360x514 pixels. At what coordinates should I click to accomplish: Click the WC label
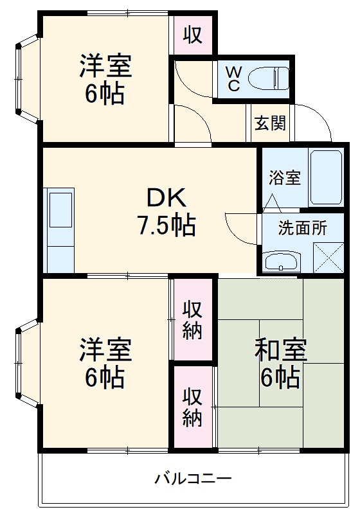point(234,79)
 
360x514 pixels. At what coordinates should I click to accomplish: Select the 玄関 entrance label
point(269,123)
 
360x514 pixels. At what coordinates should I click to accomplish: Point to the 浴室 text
point(285,178)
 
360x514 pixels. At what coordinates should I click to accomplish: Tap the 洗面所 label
point(302,227)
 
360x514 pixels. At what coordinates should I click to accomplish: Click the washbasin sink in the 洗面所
point(283,261)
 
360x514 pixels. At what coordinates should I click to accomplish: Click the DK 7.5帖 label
point(165,211)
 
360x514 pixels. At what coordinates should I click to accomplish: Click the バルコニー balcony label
point(192,479)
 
